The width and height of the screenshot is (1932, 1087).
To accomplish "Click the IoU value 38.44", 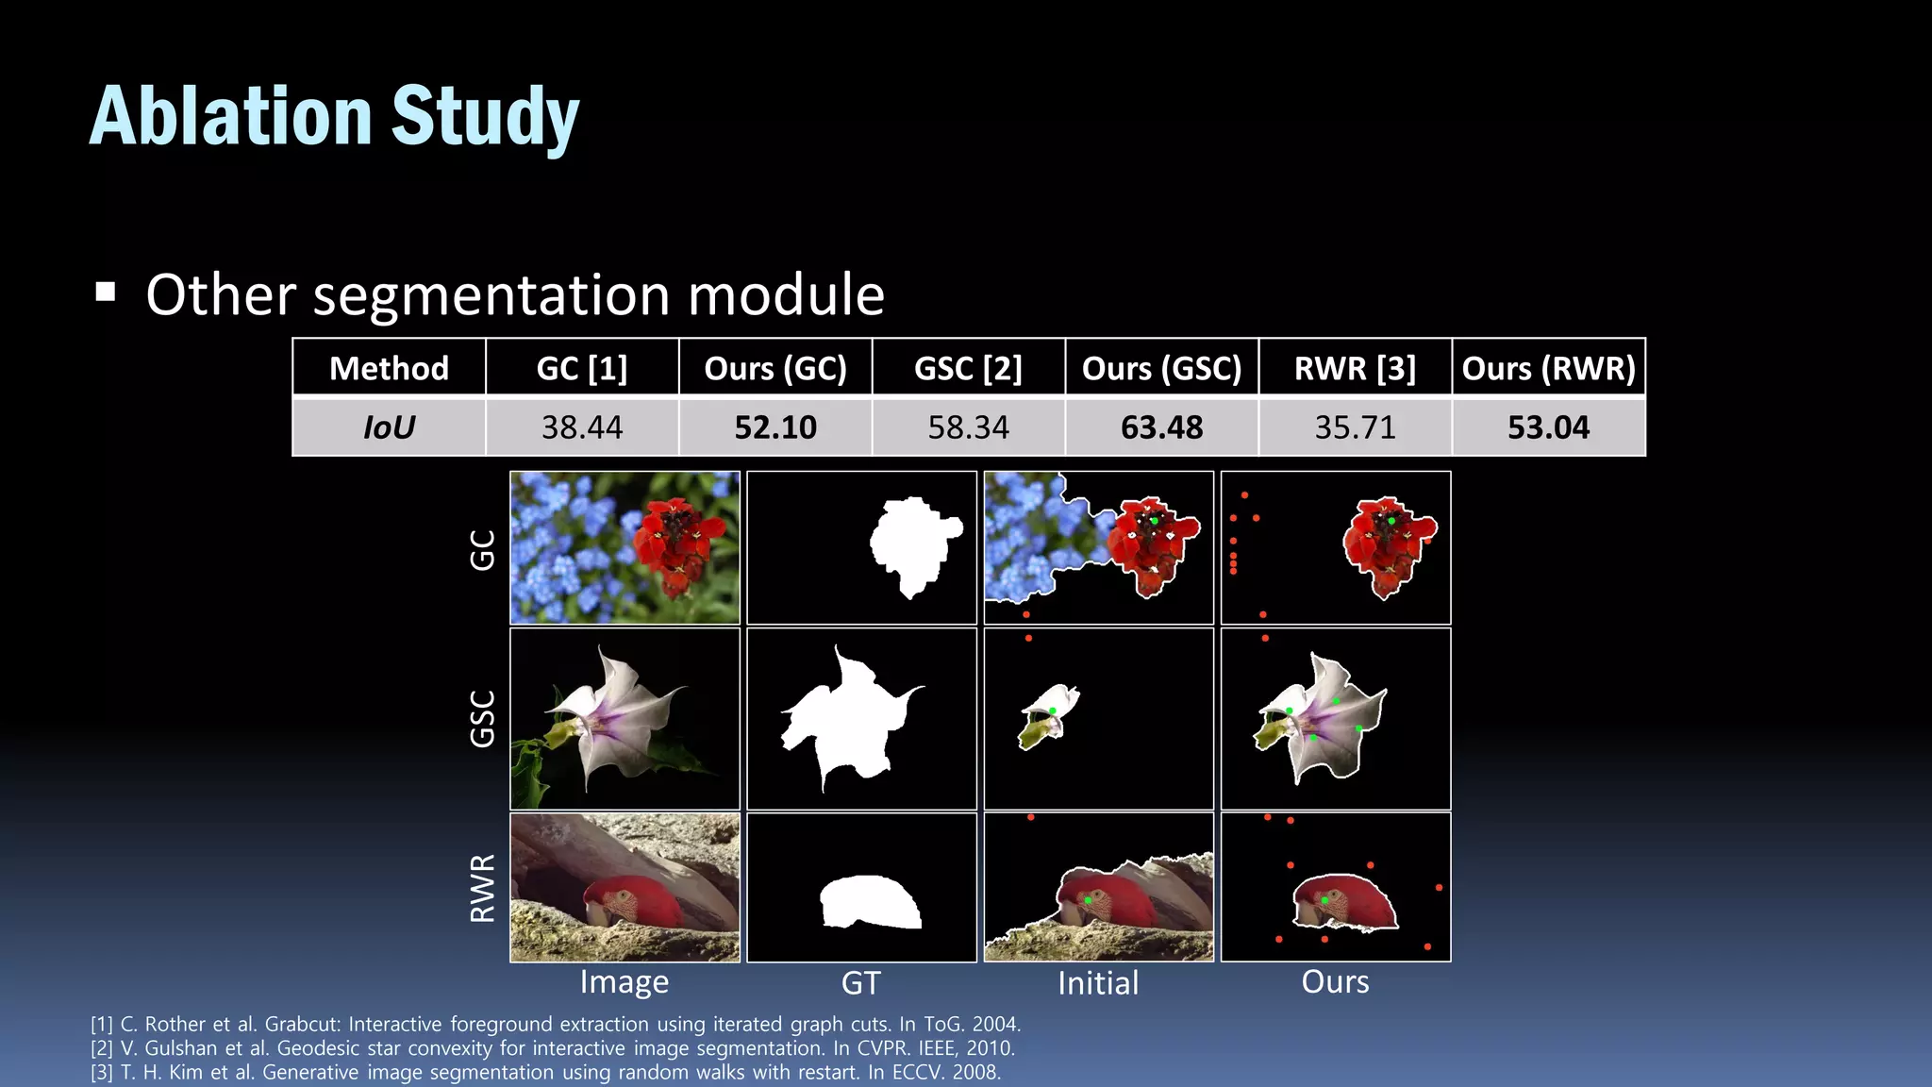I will pos(582,427).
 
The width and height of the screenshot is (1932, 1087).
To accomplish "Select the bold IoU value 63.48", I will pos(1161,427).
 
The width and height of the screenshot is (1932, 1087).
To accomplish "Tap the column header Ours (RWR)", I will pos(1548,368).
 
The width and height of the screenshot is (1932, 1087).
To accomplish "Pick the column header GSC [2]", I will pos(968,368).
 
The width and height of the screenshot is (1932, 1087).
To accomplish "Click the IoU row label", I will pos(389,427).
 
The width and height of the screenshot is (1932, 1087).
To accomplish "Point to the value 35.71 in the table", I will pos(1355,427).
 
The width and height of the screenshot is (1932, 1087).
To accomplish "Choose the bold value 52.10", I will pos(775,427).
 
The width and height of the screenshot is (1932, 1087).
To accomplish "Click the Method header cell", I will pos(389,368).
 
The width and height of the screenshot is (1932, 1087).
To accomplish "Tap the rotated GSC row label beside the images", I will pos(482,719).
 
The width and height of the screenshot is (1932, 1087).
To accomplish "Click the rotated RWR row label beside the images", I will pos(482,888).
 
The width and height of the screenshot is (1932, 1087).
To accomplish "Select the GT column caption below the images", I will pos(860,983).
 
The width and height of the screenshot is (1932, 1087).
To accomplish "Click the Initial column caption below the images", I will pos(1098,983).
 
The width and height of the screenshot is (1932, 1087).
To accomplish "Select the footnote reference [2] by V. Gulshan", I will pos(552,1048).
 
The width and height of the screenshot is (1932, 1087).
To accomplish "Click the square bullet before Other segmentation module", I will pos(106,292).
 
